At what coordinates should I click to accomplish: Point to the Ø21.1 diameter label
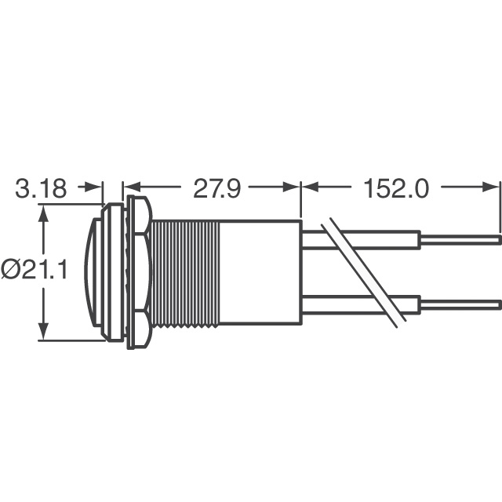click(34, 271)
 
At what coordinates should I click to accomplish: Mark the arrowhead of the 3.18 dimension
click(96, 188)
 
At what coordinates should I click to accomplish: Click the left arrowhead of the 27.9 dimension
click(130, 188)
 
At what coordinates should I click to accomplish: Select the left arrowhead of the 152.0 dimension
click(308, 188)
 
